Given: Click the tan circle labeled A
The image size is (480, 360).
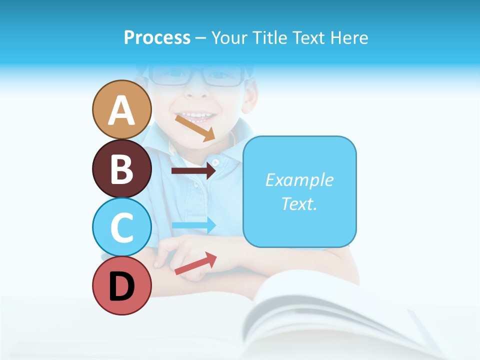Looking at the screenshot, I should pos(122,109).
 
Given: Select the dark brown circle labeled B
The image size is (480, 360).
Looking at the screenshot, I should pos(122,168).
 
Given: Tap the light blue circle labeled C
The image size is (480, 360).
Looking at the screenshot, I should pos(122,227).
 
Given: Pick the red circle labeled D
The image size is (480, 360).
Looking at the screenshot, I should pos(122,285).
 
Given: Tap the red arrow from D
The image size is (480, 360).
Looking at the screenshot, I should pos(195,263).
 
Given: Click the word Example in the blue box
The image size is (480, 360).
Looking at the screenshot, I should pos(299,180).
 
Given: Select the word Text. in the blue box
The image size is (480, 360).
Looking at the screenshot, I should pos(299,203).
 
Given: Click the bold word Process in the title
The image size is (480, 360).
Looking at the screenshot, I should pos(157,37).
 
